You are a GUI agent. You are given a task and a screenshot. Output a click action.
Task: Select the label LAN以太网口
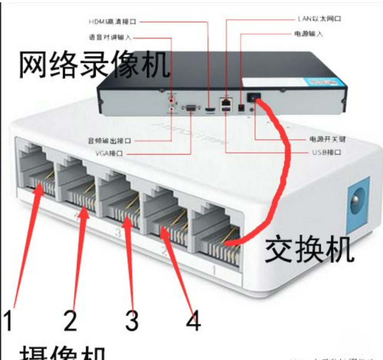pos(319,18)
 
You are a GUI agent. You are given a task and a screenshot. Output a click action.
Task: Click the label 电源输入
pos(308,34)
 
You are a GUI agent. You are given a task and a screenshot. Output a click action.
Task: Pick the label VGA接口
pos(109,154)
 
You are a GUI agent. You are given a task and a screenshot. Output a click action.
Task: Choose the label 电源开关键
pos(327,139)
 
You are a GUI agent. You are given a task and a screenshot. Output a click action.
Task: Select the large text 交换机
pos(309,249)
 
